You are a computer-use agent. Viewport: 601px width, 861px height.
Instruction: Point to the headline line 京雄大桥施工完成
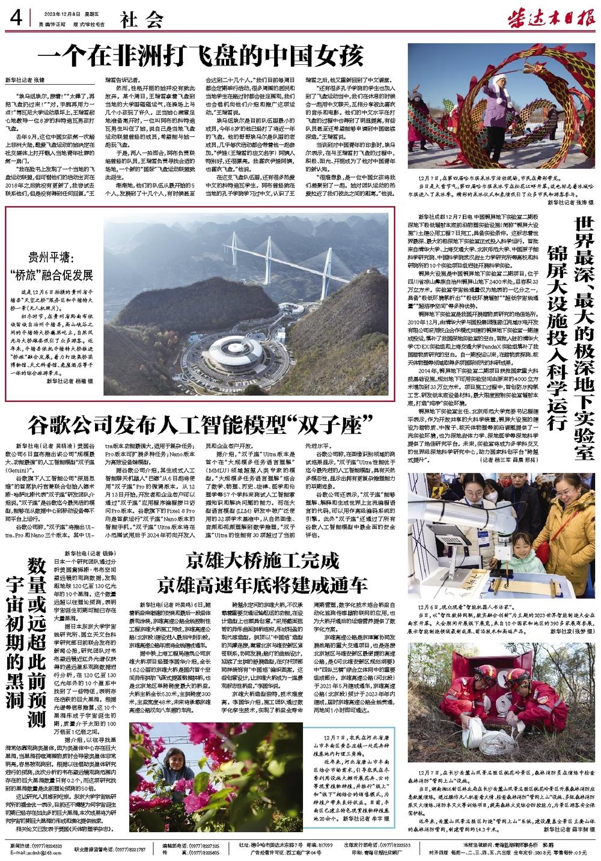point(260,562)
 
